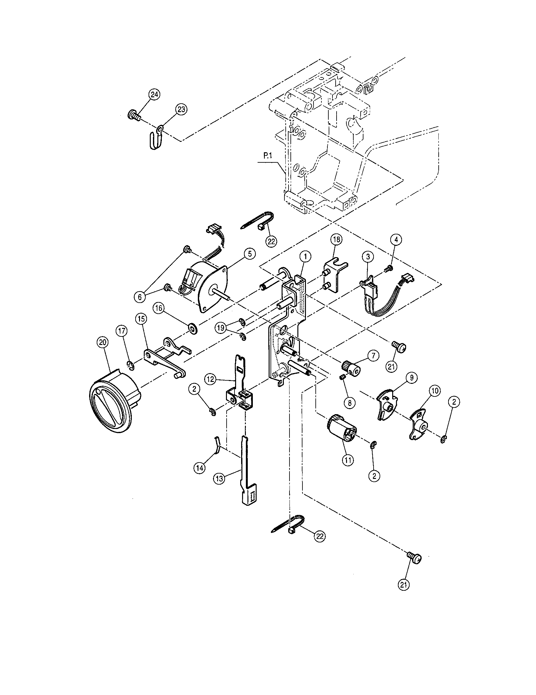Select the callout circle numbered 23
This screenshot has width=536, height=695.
pos(181,109)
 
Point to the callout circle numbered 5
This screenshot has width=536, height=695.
pos(250,254)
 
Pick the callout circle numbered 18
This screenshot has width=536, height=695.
pos(337,239)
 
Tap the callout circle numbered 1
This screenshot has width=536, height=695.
pos(305,256)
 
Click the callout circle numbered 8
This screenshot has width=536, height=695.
pos(350,402)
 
